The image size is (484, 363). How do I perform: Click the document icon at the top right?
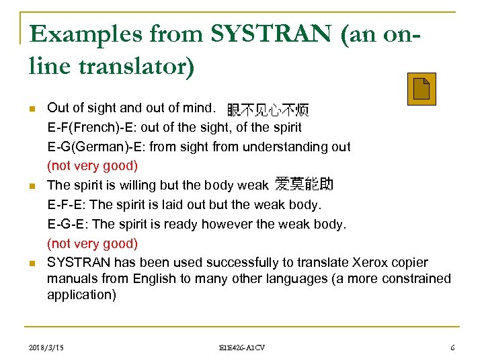(421, 89)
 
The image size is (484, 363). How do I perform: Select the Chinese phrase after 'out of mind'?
(268, 110)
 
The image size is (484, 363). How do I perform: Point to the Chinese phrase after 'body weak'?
(304, 184)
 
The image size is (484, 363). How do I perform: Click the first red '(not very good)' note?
(92, 165)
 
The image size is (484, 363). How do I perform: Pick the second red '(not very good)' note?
(92, 243)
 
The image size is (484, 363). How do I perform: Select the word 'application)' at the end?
(81, 294)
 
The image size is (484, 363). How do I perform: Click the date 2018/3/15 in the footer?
(48, 348)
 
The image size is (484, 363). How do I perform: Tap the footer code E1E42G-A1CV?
(242, 348)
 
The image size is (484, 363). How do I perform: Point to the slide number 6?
(452, 348)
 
